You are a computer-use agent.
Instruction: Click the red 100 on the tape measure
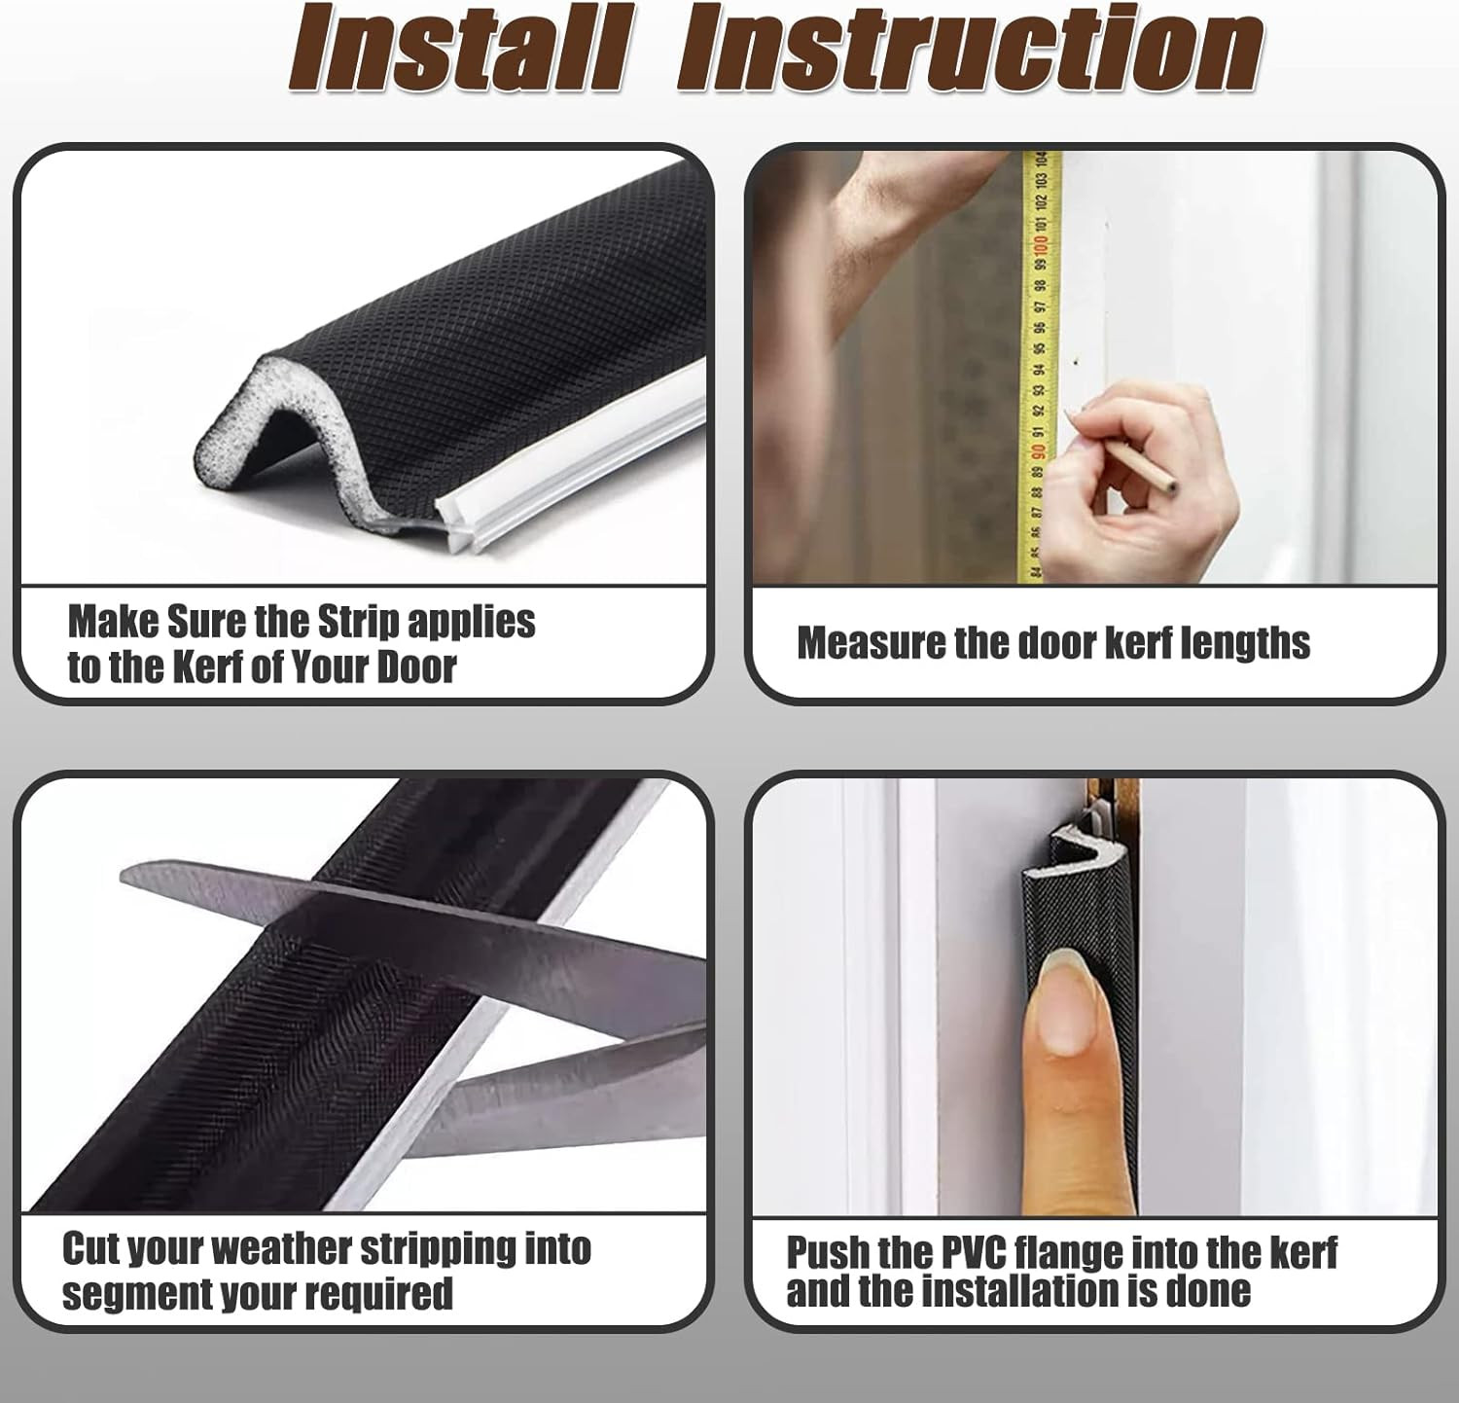coord(1040,243)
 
